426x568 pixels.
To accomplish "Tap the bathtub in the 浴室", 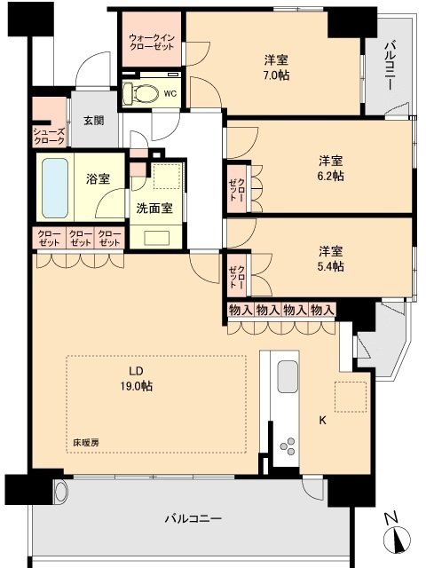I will coord(55,187).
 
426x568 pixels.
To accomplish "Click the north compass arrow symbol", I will coord(397,539).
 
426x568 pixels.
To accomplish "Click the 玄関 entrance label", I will coord(94,121).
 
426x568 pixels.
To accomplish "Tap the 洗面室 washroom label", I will coord(154,209).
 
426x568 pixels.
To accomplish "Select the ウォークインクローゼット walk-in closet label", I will coord(153,43).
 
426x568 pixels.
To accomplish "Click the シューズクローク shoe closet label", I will coord(49,136).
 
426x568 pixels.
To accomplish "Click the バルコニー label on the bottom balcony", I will coord(193,518).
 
